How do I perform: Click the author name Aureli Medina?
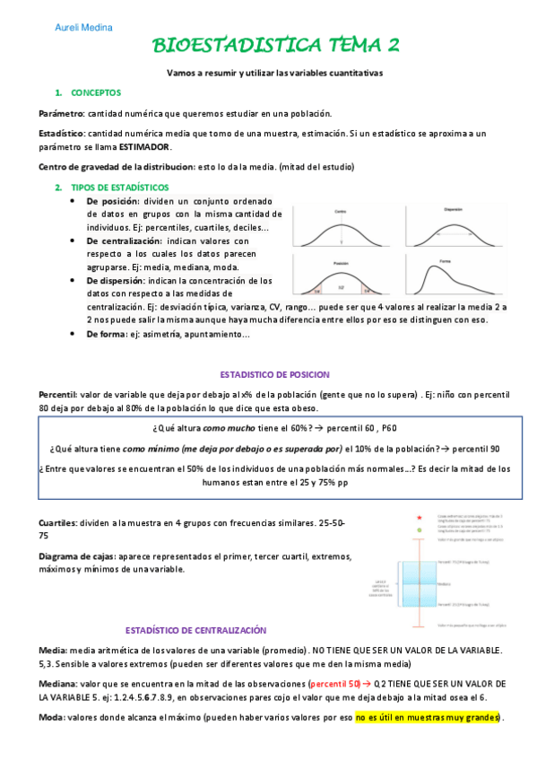point(79,28)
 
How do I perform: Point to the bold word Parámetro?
point(61,114)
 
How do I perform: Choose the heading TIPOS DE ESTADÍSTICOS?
point(119,187)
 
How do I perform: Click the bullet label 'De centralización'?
point(125,241)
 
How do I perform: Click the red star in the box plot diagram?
point(419,518)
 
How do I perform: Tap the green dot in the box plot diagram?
point(419,532)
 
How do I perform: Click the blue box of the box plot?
point(419,584)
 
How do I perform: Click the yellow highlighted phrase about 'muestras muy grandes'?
point(429,717)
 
